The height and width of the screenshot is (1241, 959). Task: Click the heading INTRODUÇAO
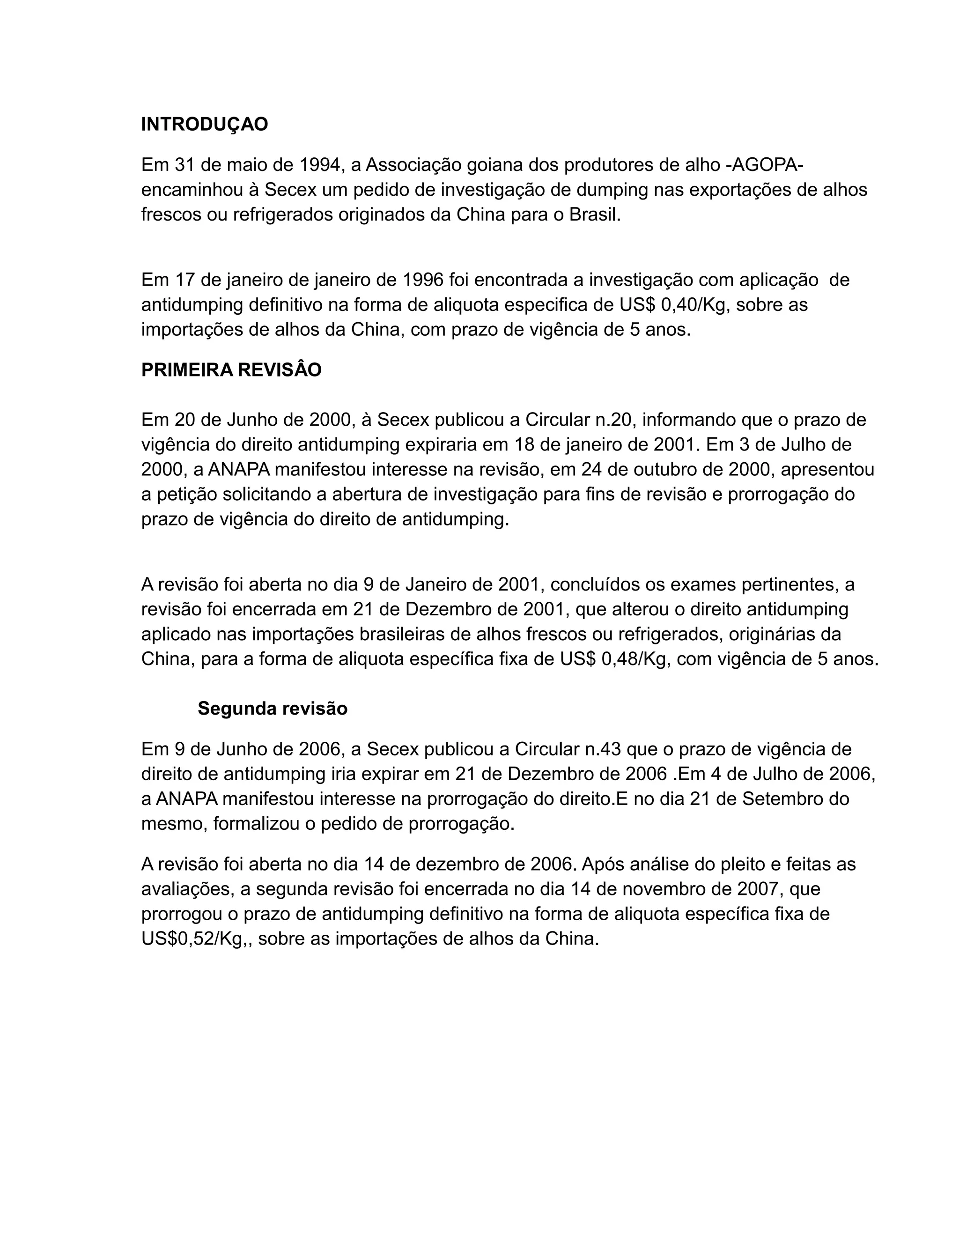(x=205, y=125)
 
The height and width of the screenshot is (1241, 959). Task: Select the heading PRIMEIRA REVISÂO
(x=231, y=370)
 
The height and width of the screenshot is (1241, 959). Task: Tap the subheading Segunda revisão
(x=272, y=709)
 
